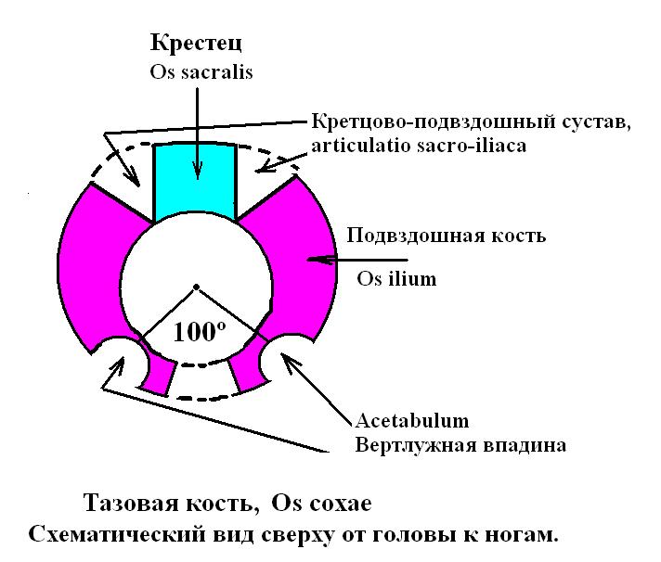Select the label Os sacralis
(x=195, y=70)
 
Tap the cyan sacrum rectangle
(x=195, y=181)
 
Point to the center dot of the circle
(x=195, y=287)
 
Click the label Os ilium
(x=396, y=277)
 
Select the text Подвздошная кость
(x=446, y=236)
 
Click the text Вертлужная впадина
(x=460, y=445)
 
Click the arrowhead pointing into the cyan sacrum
(x=196, y=171)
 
